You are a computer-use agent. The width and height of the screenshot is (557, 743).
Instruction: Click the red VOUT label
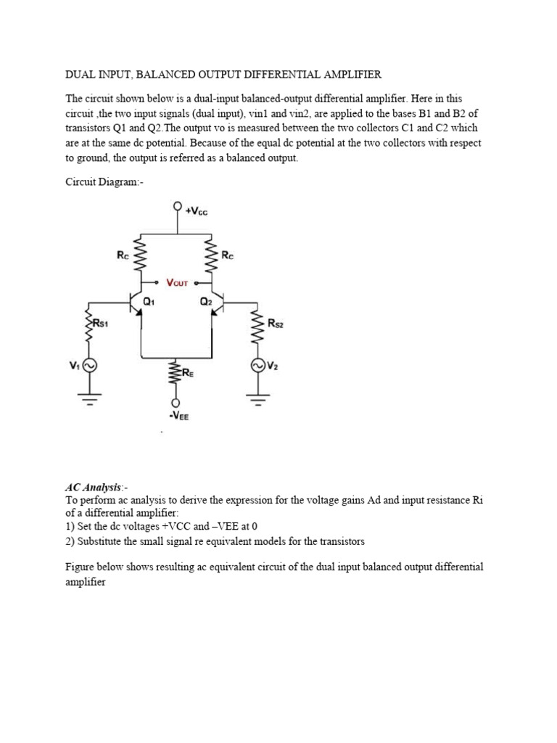(x=178, y=282)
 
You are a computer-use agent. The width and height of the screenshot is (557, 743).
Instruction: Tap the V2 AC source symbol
(x=257, y=365)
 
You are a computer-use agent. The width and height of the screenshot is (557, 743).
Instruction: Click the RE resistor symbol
(x=174, y=374)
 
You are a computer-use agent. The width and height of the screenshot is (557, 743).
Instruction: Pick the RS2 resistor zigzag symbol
(x=257, y=326)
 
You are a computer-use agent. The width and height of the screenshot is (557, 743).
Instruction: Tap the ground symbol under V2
(x=257, y=397)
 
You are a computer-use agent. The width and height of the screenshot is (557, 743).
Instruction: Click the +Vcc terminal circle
(x=176, y=206)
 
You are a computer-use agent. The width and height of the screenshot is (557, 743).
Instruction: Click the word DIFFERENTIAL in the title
(x=279, y=75)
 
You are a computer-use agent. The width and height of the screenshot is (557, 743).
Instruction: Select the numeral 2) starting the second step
(x=70, y=541)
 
